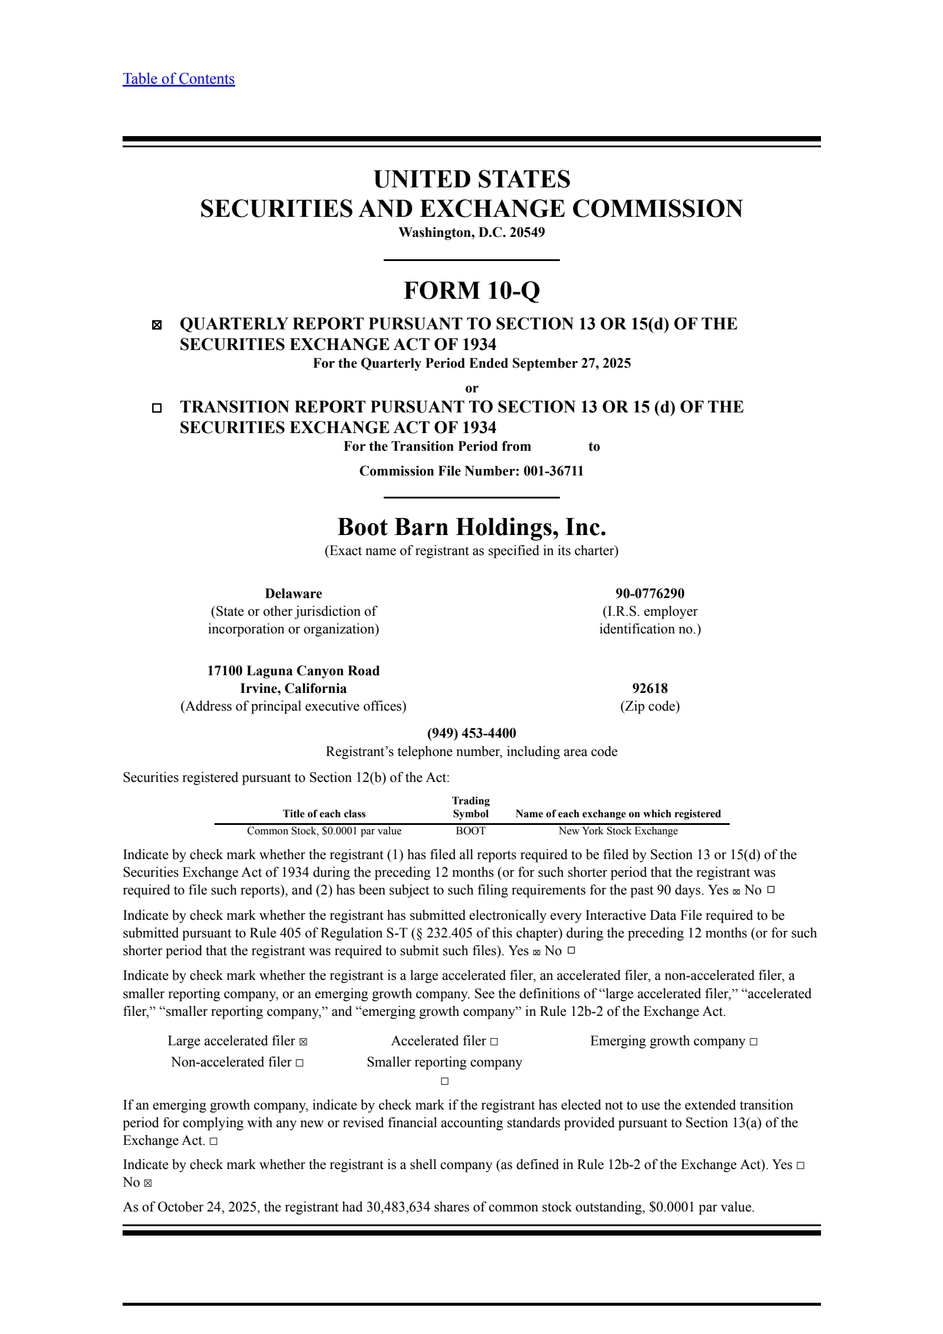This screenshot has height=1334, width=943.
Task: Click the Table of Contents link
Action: point(179,79)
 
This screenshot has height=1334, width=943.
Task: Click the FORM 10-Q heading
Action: point(471,290)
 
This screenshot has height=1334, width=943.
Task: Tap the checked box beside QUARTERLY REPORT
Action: point(157,325)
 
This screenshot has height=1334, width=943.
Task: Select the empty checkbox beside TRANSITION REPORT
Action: point(157,408)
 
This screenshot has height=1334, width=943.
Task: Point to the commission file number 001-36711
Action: point(553,471)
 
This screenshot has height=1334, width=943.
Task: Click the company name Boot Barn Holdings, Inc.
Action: point(471,527)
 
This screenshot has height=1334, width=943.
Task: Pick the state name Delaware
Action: point(294,593)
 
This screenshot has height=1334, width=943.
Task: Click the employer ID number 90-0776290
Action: point(649,593)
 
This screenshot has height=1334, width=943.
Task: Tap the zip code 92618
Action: point(649,688)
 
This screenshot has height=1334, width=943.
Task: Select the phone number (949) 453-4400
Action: point(471,733)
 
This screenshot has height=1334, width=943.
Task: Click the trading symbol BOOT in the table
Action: point(470,831)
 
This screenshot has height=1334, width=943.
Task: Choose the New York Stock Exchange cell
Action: point(618,831)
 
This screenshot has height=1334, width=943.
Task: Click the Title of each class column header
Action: point(324,814)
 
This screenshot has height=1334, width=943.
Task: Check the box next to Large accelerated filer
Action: point(303,1042)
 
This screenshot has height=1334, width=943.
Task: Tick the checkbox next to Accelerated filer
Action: point(494,1042)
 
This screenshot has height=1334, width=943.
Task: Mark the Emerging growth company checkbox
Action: point(753,1042)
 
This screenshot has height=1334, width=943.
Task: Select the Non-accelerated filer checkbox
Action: point(299,1063)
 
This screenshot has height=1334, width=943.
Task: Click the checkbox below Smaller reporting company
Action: point(445,1081)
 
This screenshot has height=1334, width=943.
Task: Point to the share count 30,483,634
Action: point(399,1207)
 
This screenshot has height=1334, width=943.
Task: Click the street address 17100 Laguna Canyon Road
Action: point(294,671)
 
